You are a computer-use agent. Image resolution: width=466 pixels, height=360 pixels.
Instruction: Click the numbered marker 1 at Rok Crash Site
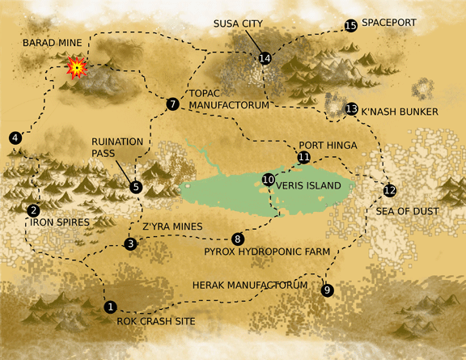pyautogui.click(x=111, y=307)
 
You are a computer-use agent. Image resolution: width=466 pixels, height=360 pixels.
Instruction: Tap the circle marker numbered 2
pyautogui.click(x=33, y=210)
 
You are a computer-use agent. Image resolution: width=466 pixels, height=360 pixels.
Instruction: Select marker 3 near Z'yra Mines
pyautogui.click(x=131, y=244)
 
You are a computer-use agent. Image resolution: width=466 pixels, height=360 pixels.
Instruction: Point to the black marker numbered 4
pyautogui.click(x=16, y=138)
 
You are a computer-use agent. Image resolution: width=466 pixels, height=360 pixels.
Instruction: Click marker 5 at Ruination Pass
pyautogui.click(x=136, y=187)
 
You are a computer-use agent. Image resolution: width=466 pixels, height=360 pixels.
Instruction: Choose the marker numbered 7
pyautogui.click(x=172, y=104)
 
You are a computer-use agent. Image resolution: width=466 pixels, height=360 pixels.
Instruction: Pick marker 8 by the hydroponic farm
pyautogui.click(x=237, y=239)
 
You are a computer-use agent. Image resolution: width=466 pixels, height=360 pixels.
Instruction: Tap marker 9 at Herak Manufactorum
pyautogui.click(x=327, y=290)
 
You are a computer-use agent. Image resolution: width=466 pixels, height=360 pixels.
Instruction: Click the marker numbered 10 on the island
pyautogui.click(x=269, y=179)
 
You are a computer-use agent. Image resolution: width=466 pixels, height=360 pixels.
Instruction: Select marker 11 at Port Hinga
pyautogui.click(x=303, y=157)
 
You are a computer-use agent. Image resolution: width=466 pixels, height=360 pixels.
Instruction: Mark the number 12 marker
pyautogui.click(x=390, y=190)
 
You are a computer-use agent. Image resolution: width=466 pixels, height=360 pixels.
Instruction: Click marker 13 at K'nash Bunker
pyautogui.click(x=351, y=108)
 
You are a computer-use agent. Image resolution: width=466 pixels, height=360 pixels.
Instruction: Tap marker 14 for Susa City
pyautogui.click(x=265, y=57)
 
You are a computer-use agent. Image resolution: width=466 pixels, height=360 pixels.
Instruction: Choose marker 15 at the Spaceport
pyautogui.click(x=350, y=26)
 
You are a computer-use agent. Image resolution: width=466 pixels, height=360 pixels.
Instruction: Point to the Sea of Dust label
pyautogui.click(x=407, y=211)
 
